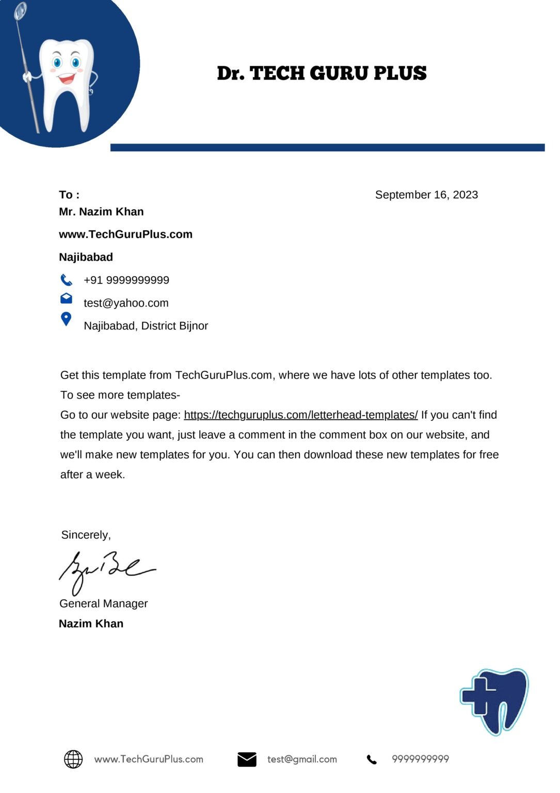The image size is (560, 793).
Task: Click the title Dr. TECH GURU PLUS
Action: [322, 73]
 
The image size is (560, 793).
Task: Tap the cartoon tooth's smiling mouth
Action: [67, 79]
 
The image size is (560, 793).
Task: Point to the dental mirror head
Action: [21, 10]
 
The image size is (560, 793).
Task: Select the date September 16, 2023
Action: [426, 195]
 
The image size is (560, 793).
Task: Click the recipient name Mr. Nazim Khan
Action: [101, 212]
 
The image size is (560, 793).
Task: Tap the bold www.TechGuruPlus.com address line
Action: [125, 234]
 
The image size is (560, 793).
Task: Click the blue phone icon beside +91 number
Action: [66, 280]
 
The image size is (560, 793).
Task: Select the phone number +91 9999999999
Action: [126, 280]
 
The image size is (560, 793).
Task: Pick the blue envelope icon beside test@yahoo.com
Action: [66, 298]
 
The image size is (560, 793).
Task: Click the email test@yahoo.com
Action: [126, 303]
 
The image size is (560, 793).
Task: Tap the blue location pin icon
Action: [66, 319]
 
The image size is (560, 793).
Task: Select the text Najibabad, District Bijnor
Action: [146, 326]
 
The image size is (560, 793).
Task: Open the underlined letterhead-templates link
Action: [300, 415]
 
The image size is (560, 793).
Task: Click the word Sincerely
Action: [86, 535]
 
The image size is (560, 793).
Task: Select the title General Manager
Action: [103, 604]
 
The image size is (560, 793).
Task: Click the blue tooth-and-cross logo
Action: [494, 701]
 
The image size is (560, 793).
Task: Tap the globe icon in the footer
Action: [73, 759]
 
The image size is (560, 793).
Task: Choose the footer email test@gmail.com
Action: [302, 759]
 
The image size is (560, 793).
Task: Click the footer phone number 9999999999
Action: [420, 759]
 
